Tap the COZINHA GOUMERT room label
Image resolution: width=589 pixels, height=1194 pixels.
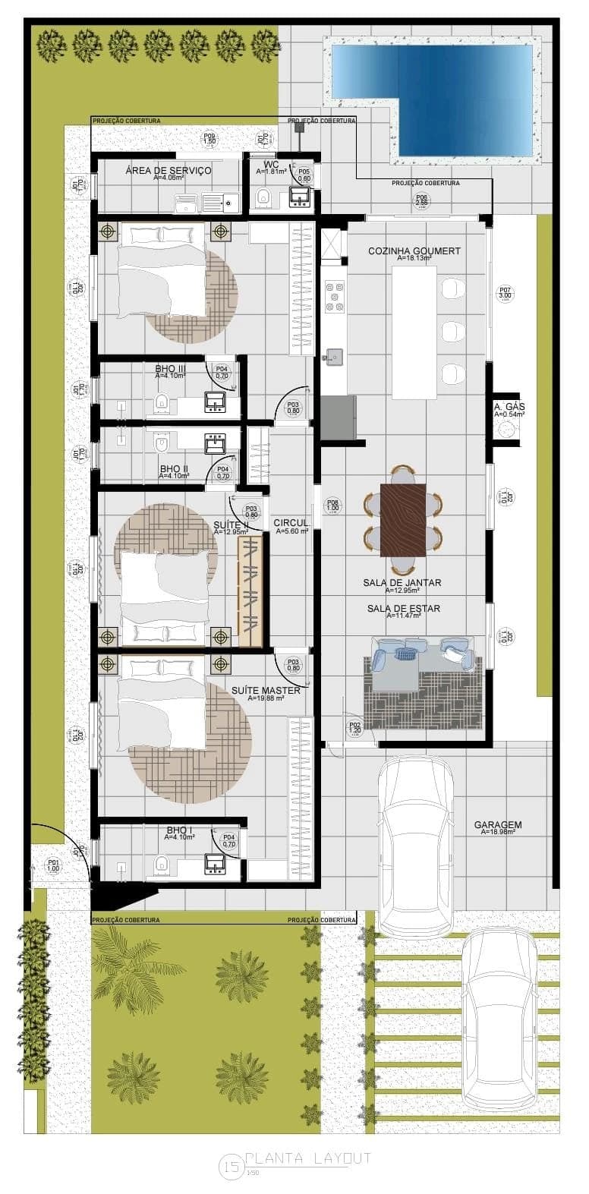[x=414, y=251]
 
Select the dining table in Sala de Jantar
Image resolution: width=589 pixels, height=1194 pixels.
[x=403, y=520]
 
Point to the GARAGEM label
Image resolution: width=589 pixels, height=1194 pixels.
[x=497, y=825]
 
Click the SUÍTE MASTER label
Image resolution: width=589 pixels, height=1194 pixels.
[x=265, y=691]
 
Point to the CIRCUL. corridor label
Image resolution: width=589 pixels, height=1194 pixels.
[x=291, y=524]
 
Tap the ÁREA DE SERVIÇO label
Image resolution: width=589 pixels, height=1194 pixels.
[x=169, y=171]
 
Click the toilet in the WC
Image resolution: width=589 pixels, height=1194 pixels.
[x=264, y=197]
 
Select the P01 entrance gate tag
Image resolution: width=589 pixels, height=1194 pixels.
[x=53, y=865]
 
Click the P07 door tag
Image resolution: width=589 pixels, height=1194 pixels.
[x=505, y=293]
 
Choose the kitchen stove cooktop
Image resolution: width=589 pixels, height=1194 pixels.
[x=334, y=297]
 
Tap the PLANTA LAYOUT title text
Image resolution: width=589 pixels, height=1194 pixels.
[x=307, y=1158]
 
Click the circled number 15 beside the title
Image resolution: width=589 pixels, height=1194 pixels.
[x=231, y=1165]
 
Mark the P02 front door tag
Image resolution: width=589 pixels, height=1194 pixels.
[x=354, y=728]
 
